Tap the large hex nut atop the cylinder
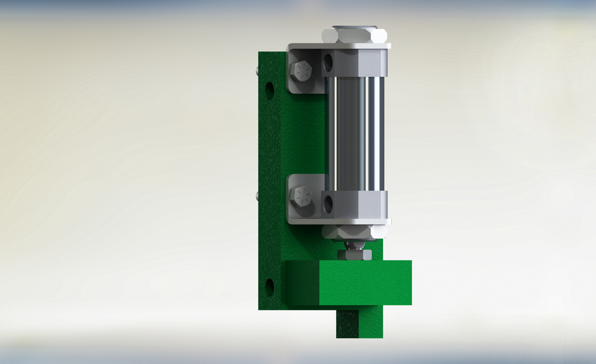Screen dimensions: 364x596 pos(355,36)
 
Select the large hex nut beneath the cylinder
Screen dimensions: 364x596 pos(354,232)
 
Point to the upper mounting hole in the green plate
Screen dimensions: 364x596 pos(270,90)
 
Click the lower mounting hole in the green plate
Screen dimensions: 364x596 pos(270,286)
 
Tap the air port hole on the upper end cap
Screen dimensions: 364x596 pos(328,61)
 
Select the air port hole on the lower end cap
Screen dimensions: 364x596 pos(328,204)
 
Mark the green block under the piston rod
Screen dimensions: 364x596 pos(364,282)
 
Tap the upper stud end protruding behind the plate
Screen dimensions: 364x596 pos(258,69)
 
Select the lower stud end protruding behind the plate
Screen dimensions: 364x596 pos(258,195)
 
